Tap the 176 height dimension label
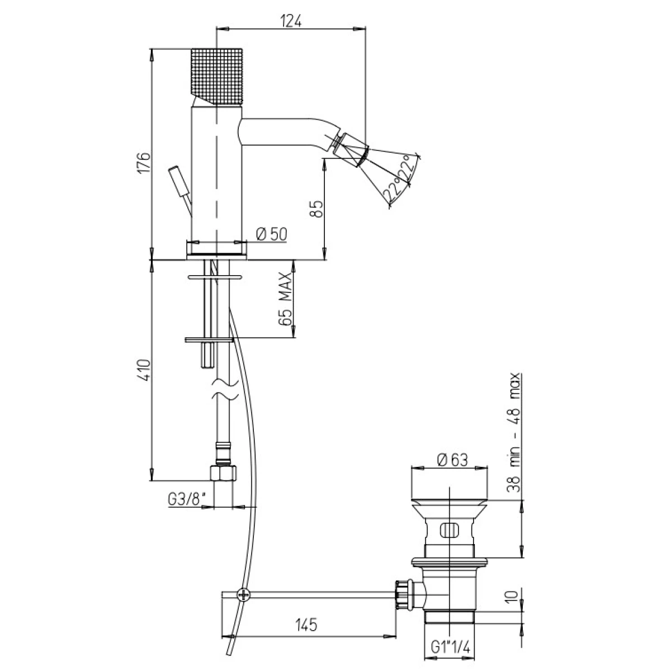(144, 162)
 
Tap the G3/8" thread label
(185, 499)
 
